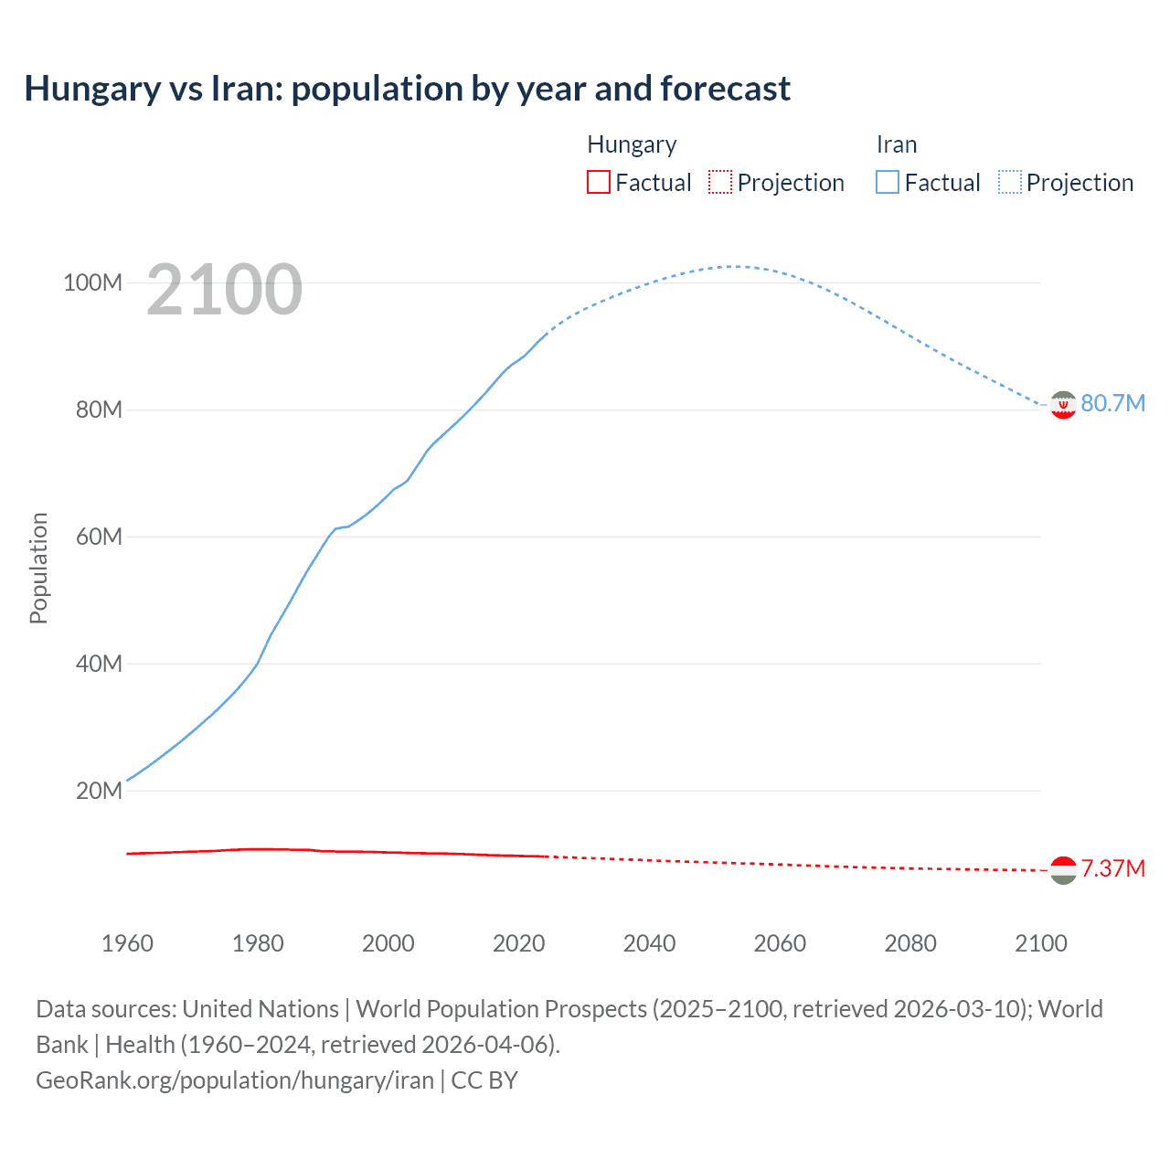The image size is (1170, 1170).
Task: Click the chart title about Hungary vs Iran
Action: point(407,89)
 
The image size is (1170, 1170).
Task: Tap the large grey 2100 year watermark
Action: point(224,290)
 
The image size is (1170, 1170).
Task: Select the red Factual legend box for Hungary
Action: point(598,182)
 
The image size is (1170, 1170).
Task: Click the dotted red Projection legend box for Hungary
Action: point(720,182)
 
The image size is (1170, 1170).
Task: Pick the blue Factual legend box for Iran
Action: point(888,182)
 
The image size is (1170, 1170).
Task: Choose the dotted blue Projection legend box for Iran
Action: point(1010,182)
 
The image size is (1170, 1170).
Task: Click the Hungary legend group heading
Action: point(632,144)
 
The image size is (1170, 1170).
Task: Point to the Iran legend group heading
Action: point(896,144)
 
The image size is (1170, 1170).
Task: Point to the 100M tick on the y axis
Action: point(92,282)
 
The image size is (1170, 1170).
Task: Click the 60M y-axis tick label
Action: point(99,537)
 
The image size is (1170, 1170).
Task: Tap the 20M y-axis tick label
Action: point(99,791)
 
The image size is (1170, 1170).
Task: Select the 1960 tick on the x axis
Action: point(127,943)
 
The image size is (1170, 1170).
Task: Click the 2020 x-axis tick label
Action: point(518,943)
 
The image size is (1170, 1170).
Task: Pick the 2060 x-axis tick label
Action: point(780,943)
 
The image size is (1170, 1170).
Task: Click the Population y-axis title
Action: point(38,568)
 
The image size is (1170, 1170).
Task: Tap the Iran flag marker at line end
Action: point(1063,404)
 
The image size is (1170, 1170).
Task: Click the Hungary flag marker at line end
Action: point(1063,870)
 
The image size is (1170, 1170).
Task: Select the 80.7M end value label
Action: point(1112,404)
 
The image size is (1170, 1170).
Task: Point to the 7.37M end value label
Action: point(1112,868)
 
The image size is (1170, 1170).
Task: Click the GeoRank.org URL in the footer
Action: point(235,1080)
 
